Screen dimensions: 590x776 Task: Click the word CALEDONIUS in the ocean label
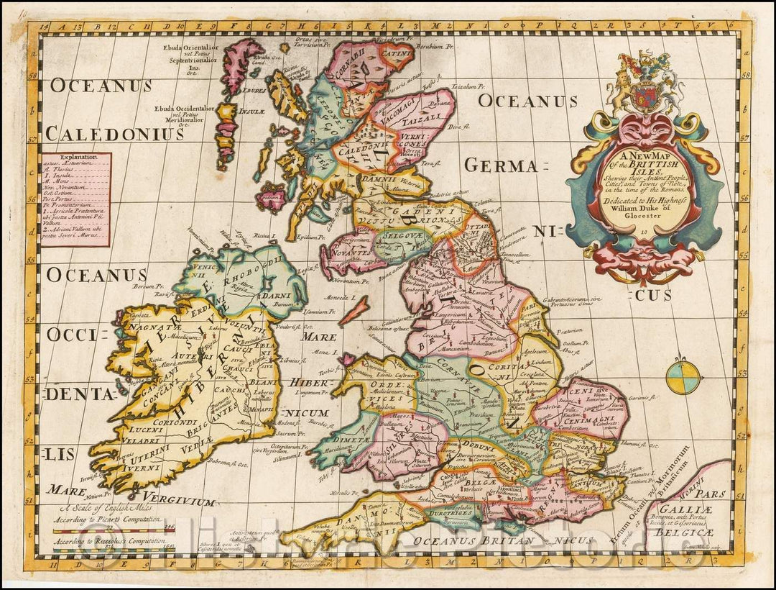pos(115,134)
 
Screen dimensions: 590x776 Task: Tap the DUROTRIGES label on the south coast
pos(453,514)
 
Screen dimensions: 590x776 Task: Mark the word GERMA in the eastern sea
pos(500,165)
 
